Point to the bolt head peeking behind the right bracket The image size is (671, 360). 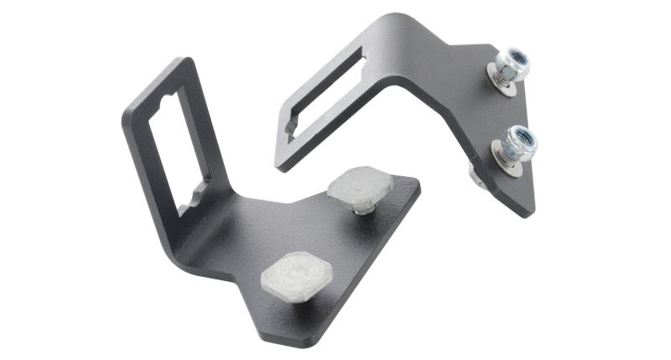[x=475, y=174]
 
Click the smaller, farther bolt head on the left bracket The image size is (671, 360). [x=359, y=189]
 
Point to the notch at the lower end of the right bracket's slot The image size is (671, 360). [x=291, y=129]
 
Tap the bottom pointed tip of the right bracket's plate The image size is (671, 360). [x=528, y=210]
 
